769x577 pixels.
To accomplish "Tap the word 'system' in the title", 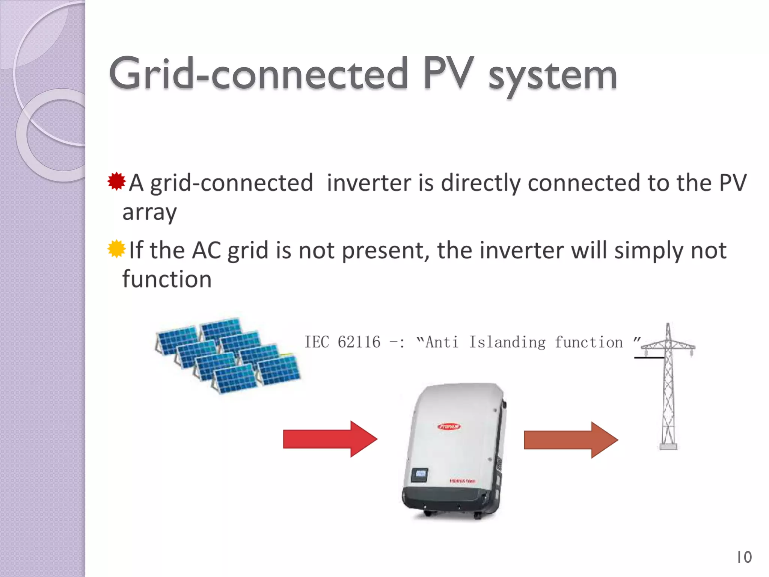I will [553, 77].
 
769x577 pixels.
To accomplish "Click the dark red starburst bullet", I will [116, 181].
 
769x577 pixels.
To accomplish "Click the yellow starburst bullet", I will [116, 249].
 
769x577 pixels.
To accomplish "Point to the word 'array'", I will [149, 213].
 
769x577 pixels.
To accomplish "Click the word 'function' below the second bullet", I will [167, 279].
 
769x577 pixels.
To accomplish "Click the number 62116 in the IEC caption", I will [359, 342].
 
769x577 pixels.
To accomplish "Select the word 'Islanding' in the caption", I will [507, 342].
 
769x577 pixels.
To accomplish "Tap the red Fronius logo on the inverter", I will [449, 426].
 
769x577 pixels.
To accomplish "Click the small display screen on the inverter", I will [420, 474].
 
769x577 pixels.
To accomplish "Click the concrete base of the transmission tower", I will [668, 446].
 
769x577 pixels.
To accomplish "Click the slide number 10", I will [744, 557].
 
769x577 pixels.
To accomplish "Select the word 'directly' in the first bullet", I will [481, 183].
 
